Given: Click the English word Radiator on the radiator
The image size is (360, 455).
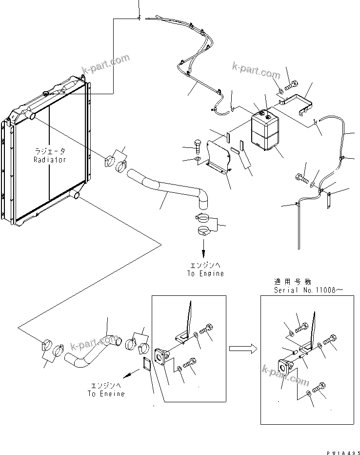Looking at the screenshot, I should tap(49, 160).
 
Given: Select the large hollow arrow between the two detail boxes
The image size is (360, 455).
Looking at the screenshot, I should tap(243, 348).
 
